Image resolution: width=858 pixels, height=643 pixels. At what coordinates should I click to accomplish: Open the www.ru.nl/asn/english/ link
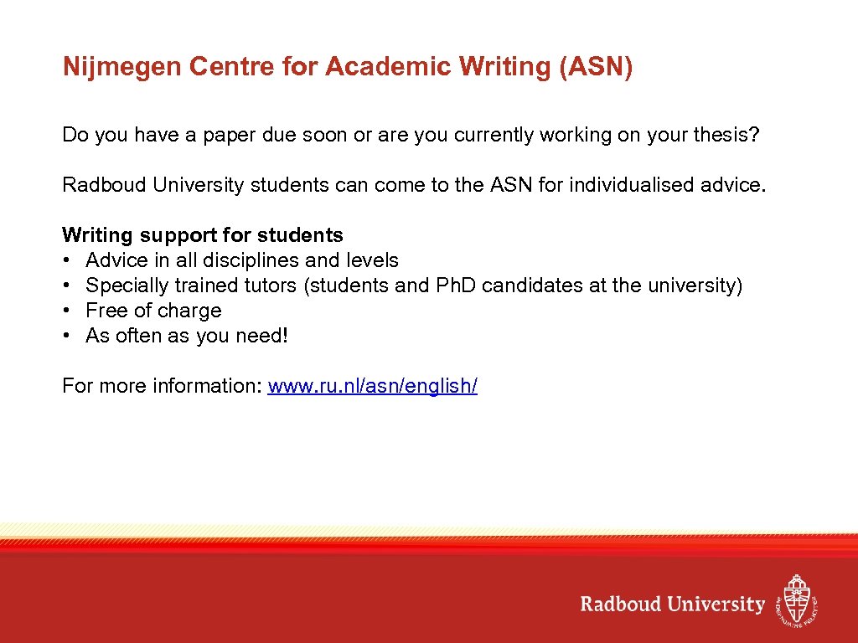coord(372,386)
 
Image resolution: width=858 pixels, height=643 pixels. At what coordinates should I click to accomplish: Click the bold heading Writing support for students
coord(203,235)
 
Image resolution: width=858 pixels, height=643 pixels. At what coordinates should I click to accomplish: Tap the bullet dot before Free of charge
coord(66,311)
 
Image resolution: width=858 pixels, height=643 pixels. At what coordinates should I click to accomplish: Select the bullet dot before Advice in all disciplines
coord(66,260)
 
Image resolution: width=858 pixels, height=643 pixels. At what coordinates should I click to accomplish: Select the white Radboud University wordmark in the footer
coord(673,604)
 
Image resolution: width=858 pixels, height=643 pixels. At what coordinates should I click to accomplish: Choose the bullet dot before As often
coord(66,336)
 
